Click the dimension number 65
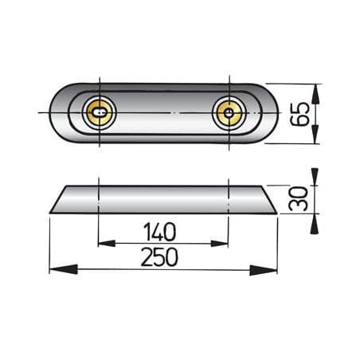pyautogui.click(x=300, y=113)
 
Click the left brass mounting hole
pyautogui.click(x=100, y=114)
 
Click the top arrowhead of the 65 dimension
pyautogui.click(x=316, y=92)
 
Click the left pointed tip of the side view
pyautogui.click(x=50, y=213)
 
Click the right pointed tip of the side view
pyautogui.click(x=276, y=213)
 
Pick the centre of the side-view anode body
pyautogui.click(x=162, y=199)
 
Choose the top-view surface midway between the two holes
pyautogui.click(x=164, y=114)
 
